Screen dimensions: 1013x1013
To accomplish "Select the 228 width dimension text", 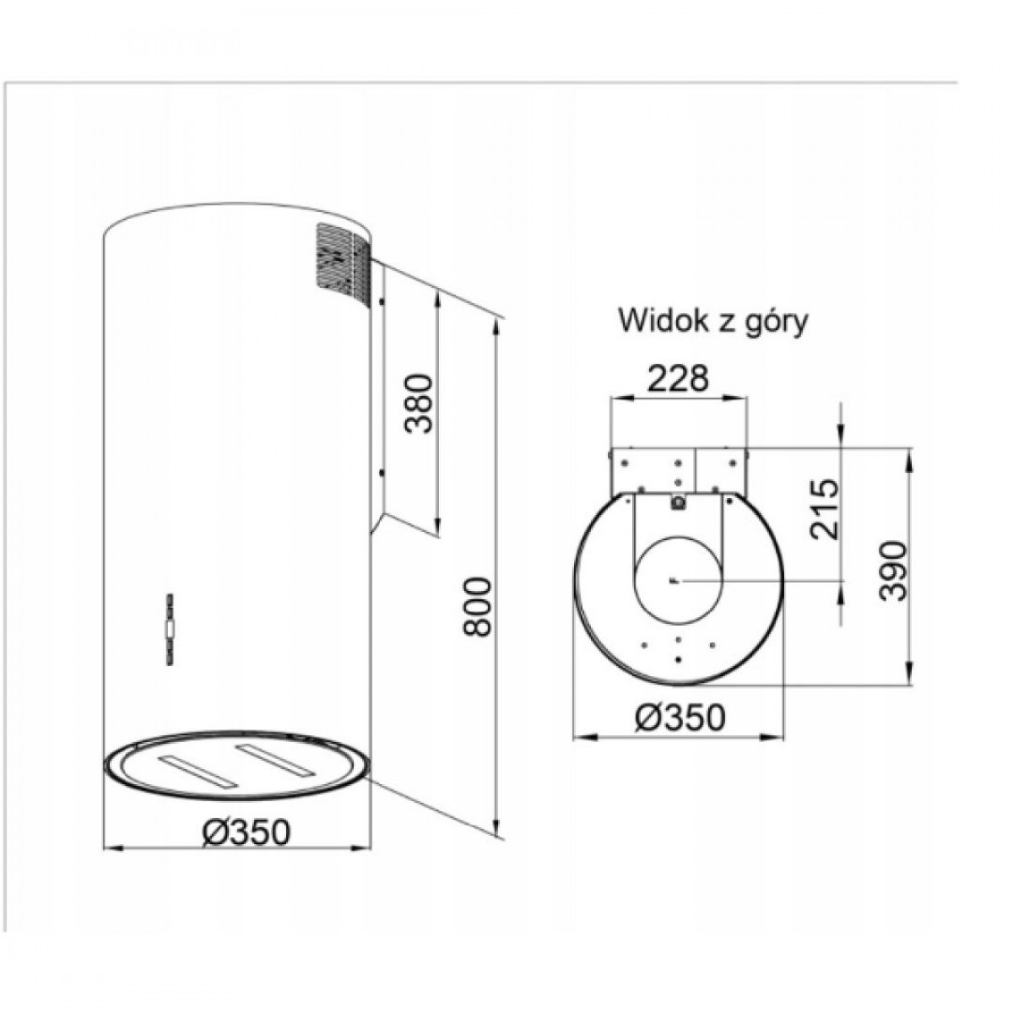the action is coord(678,378).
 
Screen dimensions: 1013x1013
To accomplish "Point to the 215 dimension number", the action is coord(824,508).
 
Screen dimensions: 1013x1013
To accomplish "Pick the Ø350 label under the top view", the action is coord(680,718).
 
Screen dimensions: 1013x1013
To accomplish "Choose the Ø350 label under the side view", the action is coord(245,832).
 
